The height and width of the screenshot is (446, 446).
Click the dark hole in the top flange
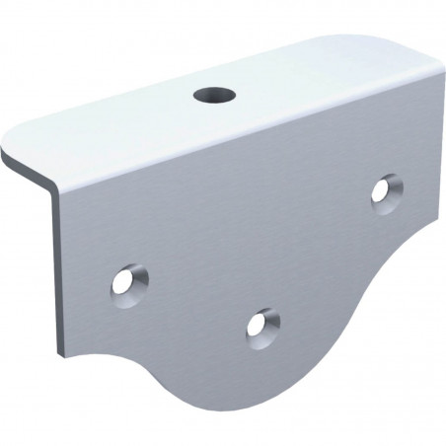point(213,96)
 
